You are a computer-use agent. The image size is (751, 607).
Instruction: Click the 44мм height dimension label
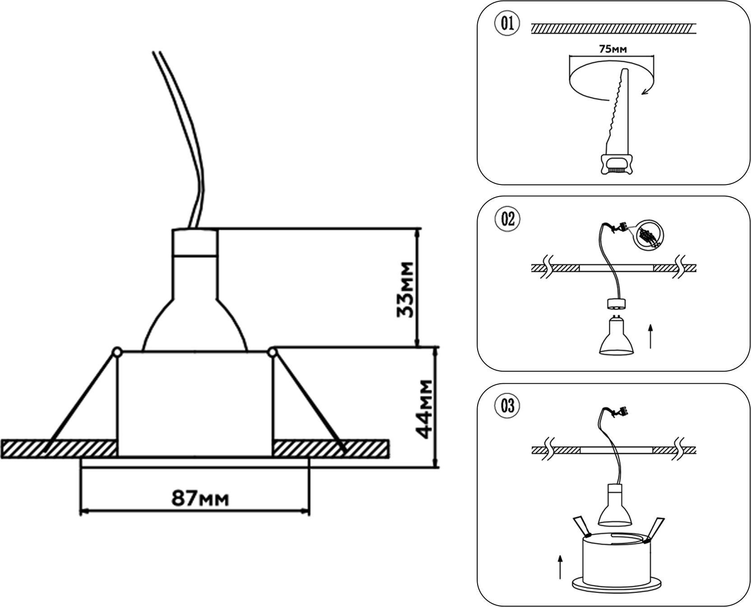[424, 409]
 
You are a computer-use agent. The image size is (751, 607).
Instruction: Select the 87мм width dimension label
[200, 498]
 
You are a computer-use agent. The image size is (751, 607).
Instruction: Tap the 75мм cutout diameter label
[613, 49]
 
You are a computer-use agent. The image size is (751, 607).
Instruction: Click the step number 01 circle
[507, 23]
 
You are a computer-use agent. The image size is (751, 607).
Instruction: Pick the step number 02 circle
[507, 219]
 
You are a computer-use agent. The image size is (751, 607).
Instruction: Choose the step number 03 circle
[507, 406]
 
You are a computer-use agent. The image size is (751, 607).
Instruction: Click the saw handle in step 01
[616, 164]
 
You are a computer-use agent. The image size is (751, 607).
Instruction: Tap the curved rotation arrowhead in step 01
[645, 92]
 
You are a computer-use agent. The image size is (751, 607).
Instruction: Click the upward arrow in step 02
[650, 336]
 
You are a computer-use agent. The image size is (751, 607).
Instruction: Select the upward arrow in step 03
[560, 566]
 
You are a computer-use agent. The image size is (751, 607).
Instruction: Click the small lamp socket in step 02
[616, 304]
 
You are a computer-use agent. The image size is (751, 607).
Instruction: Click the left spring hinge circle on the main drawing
[117, 351]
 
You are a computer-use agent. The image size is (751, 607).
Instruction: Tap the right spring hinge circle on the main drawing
[272, 352]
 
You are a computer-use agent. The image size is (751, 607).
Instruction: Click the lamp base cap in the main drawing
[195, 242]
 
